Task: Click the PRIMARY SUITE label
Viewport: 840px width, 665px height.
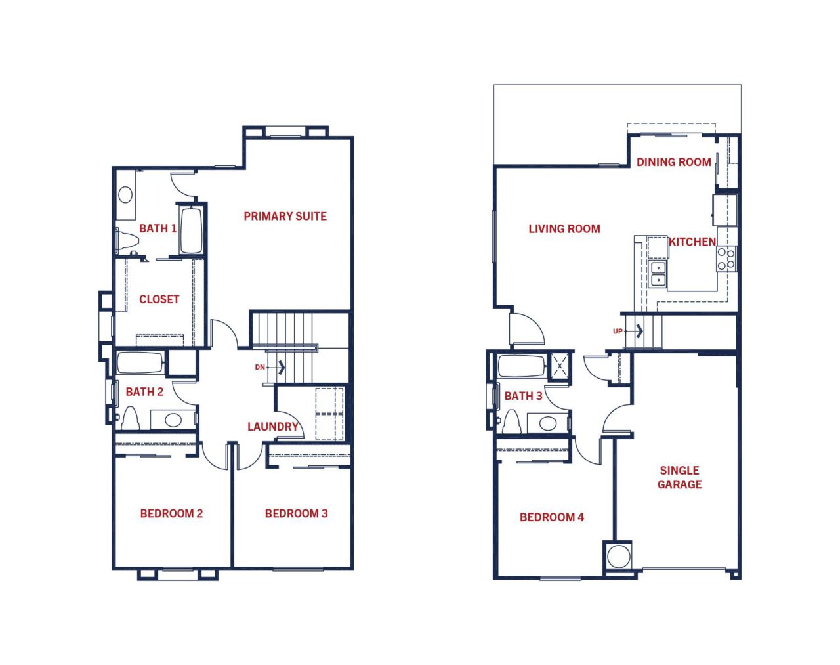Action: pyautogui.click(x=285, y=217)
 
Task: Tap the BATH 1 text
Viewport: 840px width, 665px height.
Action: pyautogui.click(x=157, y=228)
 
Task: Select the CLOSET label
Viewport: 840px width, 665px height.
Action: pyautogui.click(x=159, y=299)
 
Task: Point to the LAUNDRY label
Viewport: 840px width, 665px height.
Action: pyautogui.click(x=273, y=427)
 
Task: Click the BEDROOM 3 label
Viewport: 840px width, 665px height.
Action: pyautogui.click(x=296, y=513)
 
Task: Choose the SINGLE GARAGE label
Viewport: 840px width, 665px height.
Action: pyautogui.click(x=680, y=477)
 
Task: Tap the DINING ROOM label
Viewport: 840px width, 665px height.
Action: pyautogui.click(x=674, y=162)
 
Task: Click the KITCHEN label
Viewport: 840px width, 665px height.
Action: pyautogui.click(x=692, y=242)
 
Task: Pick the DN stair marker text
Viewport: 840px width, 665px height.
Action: pyautogui.click(x=260, y=367)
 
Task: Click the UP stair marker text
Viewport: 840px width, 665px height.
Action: pyautogui.click(x=618, y=331)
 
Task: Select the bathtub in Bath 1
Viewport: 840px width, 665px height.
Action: pyautogui.click(x=191, y=230)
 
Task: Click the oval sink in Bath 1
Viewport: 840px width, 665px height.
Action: pyautogui.click(x=125, y=194)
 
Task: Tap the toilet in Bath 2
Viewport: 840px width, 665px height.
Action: pyautogui.click(x=131, y=418)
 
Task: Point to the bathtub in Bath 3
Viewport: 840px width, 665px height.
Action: pyautogui.click(x=522, y=366)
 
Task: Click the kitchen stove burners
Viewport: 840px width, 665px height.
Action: pyautogui.click(x=726, y=259)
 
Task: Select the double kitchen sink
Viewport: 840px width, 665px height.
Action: pyautogui.click(x=658, y=274)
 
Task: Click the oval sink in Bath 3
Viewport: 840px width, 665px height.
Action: pyautogui.click(x=547, y=423)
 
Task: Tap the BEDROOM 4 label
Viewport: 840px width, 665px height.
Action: pyautogui.click(x=552, y=517)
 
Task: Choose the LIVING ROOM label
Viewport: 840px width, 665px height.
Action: pyautogui.click(x=564, y=229)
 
